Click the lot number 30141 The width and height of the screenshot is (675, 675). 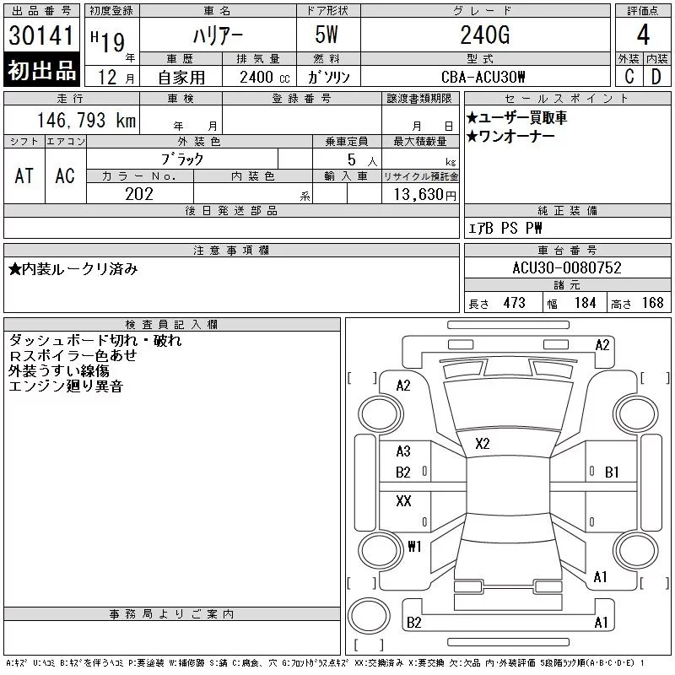(40, 35)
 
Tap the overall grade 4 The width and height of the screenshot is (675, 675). (643, 35)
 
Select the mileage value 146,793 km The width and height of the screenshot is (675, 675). (86, 121)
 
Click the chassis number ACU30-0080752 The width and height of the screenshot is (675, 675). (567, 267)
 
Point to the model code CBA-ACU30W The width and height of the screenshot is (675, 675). (483, 77)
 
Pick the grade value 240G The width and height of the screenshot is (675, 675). (485, 35)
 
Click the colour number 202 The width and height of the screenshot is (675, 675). (139, 194)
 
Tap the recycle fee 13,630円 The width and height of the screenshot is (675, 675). (424, 195)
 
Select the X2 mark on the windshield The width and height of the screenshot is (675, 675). (483, 444)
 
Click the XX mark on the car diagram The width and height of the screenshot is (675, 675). (403, 500)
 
